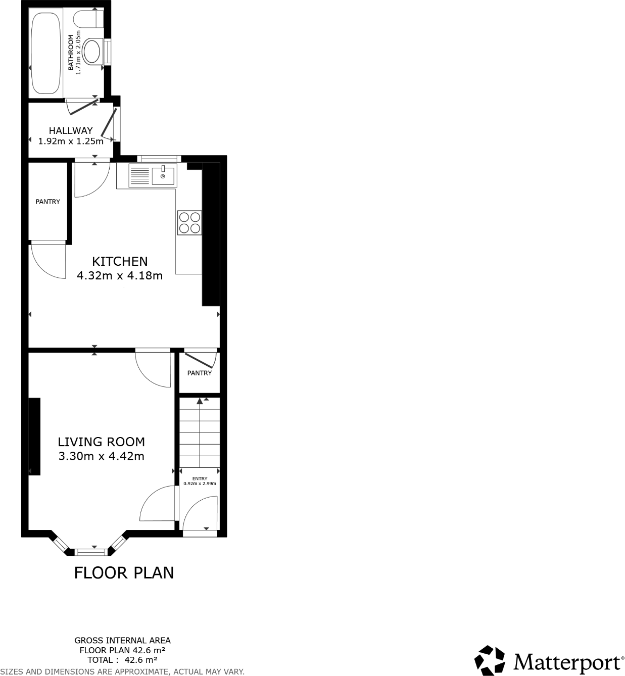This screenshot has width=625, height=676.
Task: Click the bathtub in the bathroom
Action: click(46, 54)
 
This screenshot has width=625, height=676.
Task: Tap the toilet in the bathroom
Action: click(89, 20)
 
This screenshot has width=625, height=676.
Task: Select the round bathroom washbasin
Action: click(92, 52)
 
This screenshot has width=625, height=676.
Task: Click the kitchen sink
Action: click(163, 176)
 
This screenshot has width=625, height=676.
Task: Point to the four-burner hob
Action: click(189, 223)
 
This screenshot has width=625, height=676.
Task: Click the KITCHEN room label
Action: click(120, 261)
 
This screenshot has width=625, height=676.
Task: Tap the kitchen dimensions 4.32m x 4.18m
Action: click(120, 276)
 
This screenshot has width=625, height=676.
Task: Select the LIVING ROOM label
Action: click(102, 442)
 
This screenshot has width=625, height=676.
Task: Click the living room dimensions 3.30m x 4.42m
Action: click(102, 457)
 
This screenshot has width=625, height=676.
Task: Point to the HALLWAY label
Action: click(71, 130)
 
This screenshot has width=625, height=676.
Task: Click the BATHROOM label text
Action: click(71, 53)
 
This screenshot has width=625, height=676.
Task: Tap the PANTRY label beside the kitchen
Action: click(47, 202)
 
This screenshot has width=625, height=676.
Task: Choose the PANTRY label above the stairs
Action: click(200, 373)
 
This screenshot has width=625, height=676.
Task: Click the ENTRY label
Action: click(200, 478)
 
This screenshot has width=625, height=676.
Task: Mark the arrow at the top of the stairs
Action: click(200, 401)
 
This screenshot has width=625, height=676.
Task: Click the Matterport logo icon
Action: click(490, 660)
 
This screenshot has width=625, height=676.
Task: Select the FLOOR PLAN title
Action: click(124, 573)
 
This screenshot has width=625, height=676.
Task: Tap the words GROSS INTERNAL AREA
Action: click(123, 641)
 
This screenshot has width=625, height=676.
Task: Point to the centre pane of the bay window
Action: click(91, 552)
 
